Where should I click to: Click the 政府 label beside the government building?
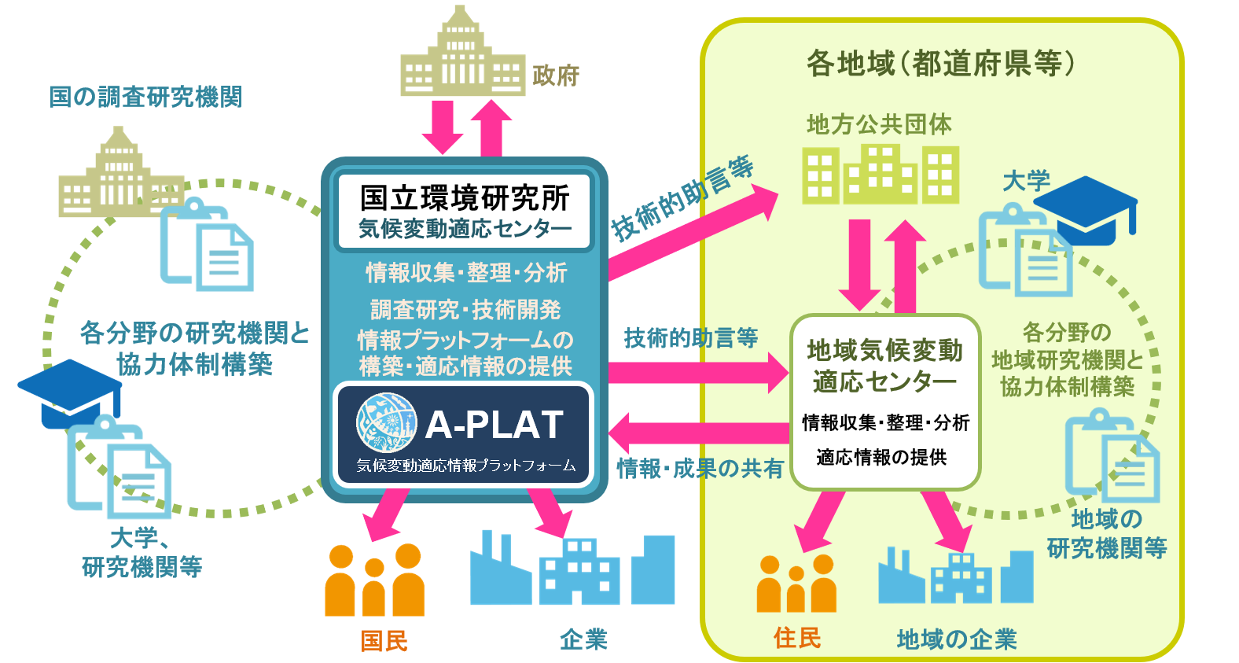[x=556, y=76]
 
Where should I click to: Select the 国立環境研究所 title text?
[x=465, y=198]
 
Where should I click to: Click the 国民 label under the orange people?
[x=384, y=640]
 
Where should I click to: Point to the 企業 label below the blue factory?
[x=583, y=639]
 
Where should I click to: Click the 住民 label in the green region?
[x=797, y=637]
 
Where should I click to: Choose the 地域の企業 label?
[x=957, y=639]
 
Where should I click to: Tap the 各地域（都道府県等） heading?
[x=941, y=63]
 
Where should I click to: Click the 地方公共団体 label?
[x=879, y=123]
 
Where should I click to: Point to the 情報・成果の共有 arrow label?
[x=700, y=469]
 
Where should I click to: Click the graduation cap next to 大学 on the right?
[x=1086, y=208]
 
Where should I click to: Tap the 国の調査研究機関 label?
[x=145, y=97]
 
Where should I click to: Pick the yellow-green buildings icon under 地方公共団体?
[x=881, y=174]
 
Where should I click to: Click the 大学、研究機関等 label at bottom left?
[x=142, y=552]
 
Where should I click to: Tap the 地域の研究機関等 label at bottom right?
[x=1106, y=533]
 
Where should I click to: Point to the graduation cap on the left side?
[x=69, y=391]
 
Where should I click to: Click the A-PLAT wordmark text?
[x=494, y=425]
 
